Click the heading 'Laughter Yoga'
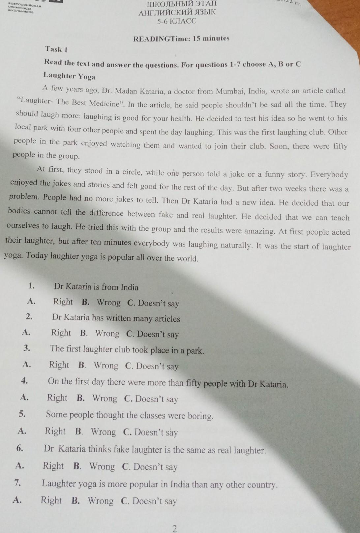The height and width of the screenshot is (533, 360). click(x=69, y=76)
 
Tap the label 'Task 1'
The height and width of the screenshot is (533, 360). click(x=56, y=49)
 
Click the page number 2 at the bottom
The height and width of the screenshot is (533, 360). click(x=175, y=529)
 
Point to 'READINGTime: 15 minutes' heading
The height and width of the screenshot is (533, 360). click(x=181, y=39)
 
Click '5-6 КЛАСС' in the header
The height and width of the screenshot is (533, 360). click(x=177, y=21)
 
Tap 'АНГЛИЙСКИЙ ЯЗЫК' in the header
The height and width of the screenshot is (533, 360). click(x=177, y=13)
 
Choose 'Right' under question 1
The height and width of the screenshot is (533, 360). click(x=63, y=302)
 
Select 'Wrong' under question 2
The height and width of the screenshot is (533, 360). click(x=107, y=334)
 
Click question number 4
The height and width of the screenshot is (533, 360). click(x=24, y=381)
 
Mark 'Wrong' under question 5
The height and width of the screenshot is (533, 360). click(x=103, y=432)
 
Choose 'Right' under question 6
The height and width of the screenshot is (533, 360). click(x=53, y=466)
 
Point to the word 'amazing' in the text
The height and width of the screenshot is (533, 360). click(x=259, y=231)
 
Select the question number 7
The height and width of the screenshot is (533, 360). click(x=18, y=483)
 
